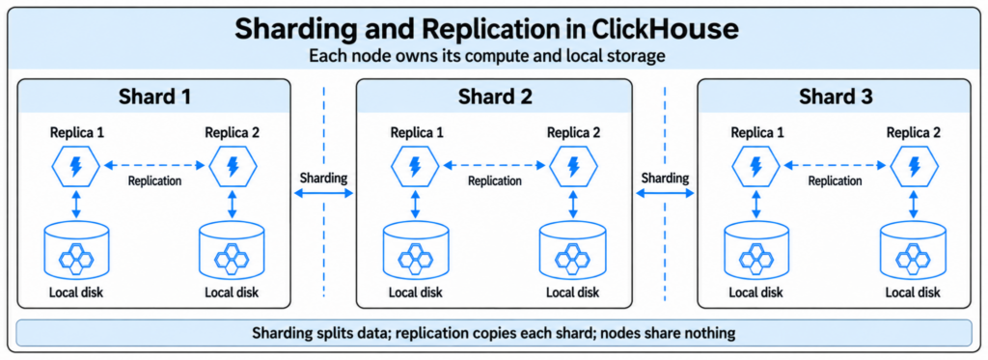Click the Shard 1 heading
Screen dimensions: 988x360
[154, 97]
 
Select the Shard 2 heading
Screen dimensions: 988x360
[495, 97]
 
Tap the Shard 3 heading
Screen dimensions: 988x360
[836, 97]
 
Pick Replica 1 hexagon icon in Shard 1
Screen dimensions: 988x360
[76, 166]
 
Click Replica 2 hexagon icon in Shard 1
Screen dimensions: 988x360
[233, 166]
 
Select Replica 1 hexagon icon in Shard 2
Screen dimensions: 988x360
[415, 166]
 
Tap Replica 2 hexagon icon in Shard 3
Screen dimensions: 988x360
[913, 166]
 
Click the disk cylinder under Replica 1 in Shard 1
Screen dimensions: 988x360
[76, 249]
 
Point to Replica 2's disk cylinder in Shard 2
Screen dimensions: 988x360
[573, 249]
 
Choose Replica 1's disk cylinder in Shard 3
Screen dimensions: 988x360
[756, 249]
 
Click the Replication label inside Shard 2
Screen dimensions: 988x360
[495, 180]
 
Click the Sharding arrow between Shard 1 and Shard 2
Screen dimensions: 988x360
[323, 195]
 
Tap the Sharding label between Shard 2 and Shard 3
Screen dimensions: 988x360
[665, 178]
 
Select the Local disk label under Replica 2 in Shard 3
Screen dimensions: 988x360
[913, 292]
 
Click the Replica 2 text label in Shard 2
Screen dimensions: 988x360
[573, 132]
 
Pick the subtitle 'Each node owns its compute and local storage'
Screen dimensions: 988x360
[487, 56]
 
